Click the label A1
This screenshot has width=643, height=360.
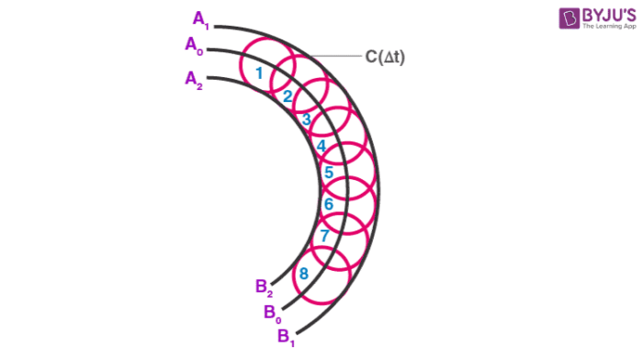pyautogui.click(x=201, y=17)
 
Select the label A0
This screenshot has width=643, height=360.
pyautogui.click(x=194, y=44)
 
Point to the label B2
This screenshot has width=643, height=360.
pyautogui.click(x=265, y=287)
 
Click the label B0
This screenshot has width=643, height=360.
pyautogui.click(x=273, y=312)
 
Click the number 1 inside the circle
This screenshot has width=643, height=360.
pyautogui.click(x=260, y=73)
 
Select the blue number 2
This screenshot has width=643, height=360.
pyautogui.click(x=287, y=96)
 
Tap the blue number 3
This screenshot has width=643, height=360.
pyautogui.click(x=306, y=119)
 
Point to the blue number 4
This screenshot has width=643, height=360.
pyautogui.click(x=321, y=145)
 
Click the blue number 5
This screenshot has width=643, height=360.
pyautogui.click(x=328, y=173)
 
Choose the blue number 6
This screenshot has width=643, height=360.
pyautogui.click(x=328, y=204)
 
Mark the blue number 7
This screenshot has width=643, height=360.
pyautogui.click(x=324, y=236)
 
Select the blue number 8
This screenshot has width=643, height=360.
pyautogui.click(x=304, y=273)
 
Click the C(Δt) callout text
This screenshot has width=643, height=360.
pyautogui.click(x=386, y=57)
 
